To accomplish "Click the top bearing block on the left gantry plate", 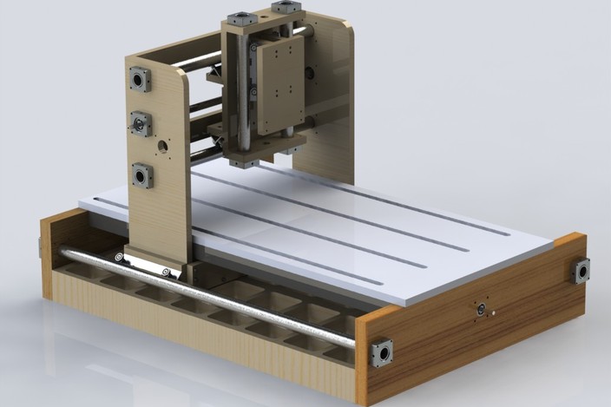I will [139, 81].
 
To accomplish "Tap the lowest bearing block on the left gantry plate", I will [141, 176].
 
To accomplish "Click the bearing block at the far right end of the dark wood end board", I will [580, 271].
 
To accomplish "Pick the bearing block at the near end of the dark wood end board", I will [381, 353].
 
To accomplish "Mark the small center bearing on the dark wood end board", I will [477, 310].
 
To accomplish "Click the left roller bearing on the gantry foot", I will [117, 257].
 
